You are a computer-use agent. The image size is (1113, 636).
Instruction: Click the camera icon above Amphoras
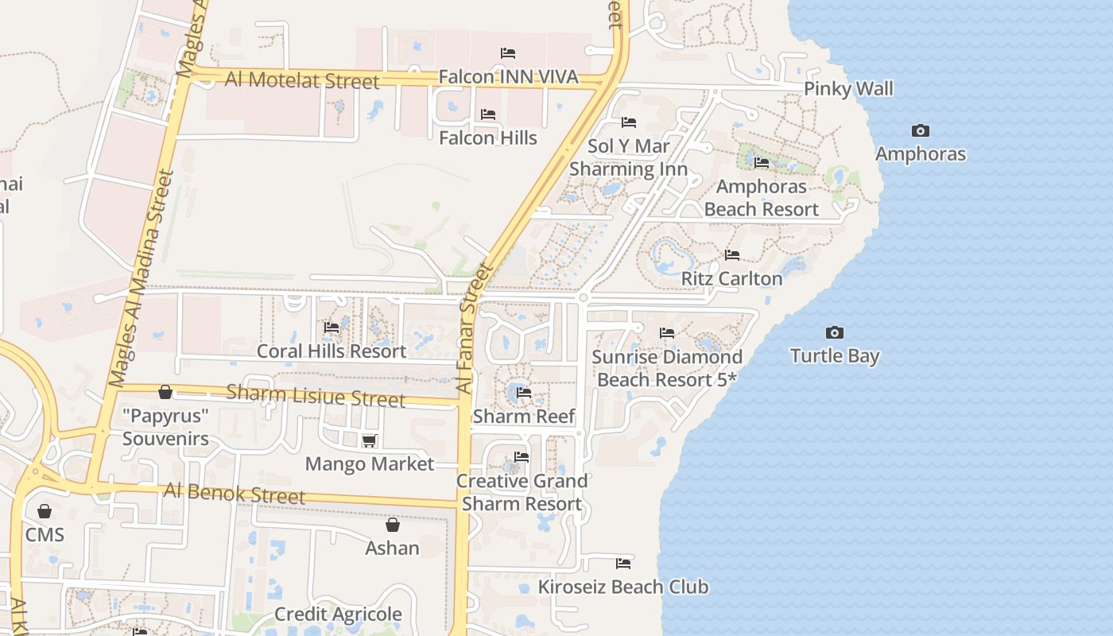tap(920, 130)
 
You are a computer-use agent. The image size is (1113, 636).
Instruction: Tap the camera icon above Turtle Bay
tap(834, 332)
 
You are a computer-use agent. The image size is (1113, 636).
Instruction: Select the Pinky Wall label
tap(848, 88)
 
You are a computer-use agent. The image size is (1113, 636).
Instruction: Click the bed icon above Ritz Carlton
tap(732, 255)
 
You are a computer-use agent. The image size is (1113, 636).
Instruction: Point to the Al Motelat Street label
tap(302, 79)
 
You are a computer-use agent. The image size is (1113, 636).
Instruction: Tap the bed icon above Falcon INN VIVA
tap(508, 53)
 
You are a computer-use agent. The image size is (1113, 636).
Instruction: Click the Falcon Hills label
tap(488, 138)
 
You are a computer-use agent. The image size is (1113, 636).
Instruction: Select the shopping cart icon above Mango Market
tap(369, 440)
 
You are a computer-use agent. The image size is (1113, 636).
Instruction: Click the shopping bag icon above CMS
tap(45, 510)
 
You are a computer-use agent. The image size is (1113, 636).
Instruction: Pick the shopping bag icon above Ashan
tap(392, 525)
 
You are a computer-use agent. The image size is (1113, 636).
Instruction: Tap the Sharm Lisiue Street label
tap(316, 395)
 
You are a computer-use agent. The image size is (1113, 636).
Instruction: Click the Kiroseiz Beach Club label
tap(623, 587)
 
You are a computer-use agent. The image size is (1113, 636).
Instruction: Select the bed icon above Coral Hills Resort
tap(332, 328)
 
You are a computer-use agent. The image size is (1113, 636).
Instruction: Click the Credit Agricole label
tap(338, 614)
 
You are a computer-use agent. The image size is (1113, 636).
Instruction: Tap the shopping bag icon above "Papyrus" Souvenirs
tap(165, 392)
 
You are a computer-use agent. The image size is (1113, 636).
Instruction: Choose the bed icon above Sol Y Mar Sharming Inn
tap(629, 122)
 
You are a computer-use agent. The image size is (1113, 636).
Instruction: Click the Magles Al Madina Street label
tap(141, 278)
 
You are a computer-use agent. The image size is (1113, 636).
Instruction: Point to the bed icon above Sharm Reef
tap(523, 392)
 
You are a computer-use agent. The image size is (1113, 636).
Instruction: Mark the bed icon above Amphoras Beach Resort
tap(762, 163)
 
